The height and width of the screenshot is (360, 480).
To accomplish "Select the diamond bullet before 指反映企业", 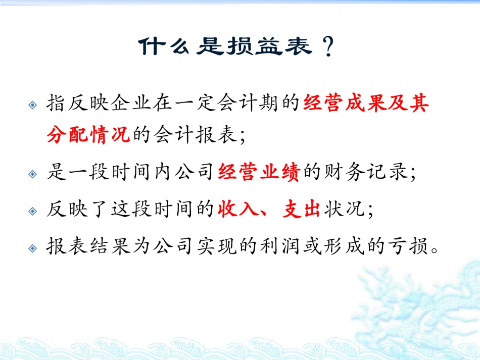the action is (32, 105).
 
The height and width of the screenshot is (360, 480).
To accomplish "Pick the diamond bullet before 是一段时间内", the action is (32, 174).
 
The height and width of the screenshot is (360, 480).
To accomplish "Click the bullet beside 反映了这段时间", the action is (32, 211).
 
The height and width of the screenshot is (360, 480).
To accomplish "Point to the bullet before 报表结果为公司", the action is (32, 248).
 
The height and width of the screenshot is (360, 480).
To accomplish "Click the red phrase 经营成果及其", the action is (366, 103).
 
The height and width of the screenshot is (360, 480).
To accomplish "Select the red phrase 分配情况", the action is (88, 134).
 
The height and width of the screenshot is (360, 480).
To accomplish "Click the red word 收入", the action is (238, 209).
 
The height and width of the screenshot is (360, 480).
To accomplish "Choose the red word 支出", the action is (301, 209).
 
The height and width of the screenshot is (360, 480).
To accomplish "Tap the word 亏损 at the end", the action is (407, 246).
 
